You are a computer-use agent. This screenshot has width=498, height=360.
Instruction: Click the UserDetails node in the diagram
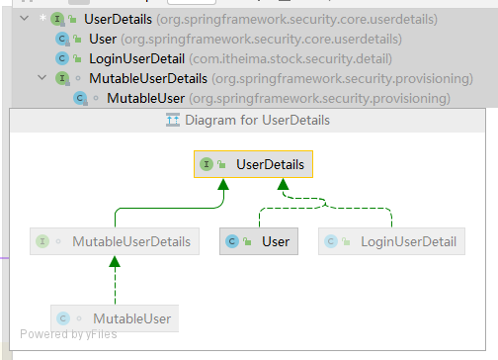click(253, 165)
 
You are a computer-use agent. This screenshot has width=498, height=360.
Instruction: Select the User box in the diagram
click(257, 241)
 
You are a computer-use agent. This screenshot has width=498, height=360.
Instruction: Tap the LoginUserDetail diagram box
click(393, 241)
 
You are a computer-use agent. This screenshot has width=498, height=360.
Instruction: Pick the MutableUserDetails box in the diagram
click(111, 241)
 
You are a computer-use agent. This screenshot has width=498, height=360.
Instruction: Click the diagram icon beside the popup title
click(172, 120)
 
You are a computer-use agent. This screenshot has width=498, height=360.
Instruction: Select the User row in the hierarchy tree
click(102, 39)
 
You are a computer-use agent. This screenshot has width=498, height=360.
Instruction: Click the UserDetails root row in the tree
click(119, 19)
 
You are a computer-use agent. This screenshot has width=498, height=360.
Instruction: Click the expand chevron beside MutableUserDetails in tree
click(41, 78)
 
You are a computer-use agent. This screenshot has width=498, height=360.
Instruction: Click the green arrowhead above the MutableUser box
click(115, 262)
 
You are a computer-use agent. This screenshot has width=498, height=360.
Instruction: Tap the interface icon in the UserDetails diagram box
click(207, 165)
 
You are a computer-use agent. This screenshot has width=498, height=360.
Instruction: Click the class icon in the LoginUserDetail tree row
click(62, 58)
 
